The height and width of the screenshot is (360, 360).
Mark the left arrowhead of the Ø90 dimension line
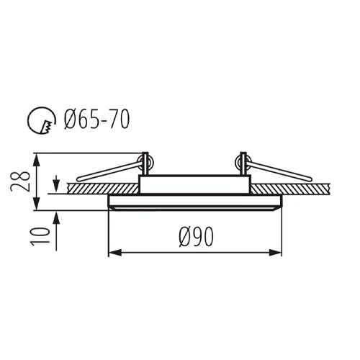click(112, 253)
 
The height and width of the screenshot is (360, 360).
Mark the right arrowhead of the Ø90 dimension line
click(277, 253)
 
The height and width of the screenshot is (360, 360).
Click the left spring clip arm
click(108, 170)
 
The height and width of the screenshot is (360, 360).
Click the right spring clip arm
click(281, 170)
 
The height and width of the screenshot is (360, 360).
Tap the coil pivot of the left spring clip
click(145, 160)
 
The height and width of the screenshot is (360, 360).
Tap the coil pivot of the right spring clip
click(243, 160)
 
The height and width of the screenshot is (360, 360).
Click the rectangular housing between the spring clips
click(194, 183)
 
